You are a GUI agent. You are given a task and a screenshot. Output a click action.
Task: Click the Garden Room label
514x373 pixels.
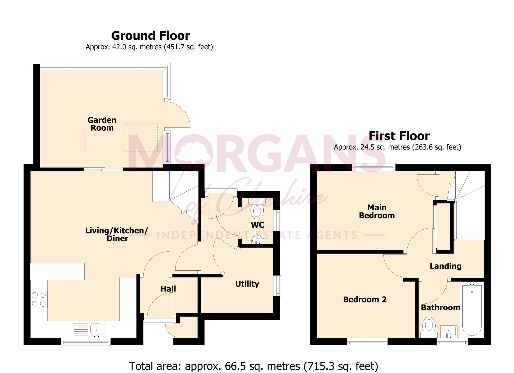pyautogui.click(x=102, y=124)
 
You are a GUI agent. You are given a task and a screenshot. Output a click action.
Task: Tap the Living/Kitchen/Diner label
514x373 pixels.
pyautogui.click(x=117, y=234)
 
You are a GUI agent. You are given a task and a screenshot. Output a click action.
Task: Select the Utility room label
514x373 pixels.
pyautogui.click(x=247, y=284)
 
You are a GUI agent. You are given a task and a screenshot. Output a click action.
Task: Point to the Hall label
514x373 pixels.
pyautogui.click(x=168, y=289)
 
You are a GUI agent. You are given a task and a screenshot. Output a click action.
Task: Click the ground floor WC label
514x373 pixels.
pyautogui.click(x=258, y=225)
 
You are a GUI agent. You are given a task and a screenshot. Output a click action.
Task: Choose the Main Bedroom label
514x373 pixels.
pyautogui.click(x=377, y=211)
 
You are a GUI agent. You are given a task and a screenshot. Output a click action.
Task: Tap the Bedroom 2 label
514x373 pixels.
pyautogui.click(x=365, y=299)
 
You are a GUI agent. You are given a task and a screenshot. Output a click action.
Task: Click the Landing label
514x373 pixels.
pyautogui.click(x=446, y=266)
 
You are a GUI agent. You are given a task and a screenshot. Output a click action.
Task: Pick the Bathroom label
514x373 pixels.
pyautogui.click(x=440, y=307)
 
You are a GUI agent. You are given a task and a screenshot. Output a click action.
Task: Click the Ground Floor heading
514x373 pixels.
pyautogui.click(x=151, y=36)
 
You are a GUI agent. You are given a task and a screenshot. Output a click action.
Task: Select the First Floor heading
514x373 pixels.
pyautogui.click(x=399, y=136)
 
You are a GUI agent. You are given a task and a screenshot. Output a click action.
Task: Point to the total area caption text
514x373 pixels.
pyautogui.click(x=253, y=366)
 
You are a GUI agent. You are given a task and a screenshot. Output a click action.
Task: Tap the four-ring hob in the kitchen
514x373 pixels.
pyautogui.click(x=39, y=299)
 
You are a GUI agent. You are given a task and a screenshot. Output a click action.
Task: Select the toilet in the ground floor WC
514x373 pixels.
pyautogui.click(x=257, y=209)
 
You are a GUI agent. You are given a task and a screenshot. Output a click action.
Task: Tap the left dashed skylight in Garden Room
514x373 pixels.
pyautogui.click(x=68, y=138)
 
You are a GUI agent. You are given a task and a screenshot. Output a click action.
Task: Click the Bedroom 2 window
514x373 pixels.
pyautogui.click(x=367, y=342)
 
